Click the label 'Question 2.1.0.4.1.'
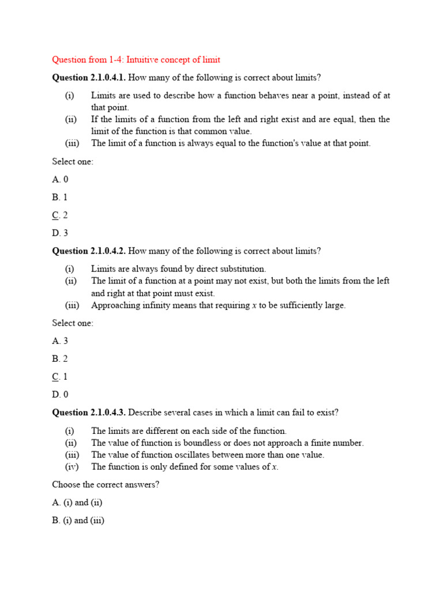pos(89,78)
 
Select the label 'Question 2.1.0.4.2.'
pos(89,251)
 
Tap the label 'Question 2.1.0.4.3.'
pos(89,413)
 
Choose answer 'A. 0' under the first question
pos(60,179)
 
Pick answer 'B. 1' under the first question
pos(60,197)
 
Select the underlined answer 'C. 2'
pos(60,215)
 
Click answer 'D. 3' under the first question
pos(60,233)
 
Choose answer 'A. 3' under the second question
pos(60,341)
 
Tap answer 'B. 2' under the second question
pos(60,359)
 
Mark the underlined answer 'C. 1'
pos(60,377)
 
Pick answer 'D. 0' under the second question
pos(60,395)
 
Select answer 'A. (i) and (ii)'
pos(77,502)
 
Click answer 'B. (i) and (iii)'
pos(78,520)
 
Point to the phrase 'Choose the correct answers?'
pos(106,485)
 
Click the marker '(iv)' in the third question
pos(72,467)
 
